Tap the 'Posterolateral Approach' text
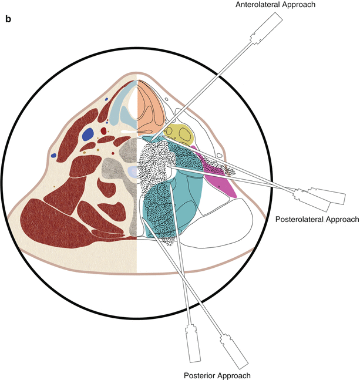[x=317, y=219]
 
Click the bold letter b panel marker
[x=8, y=19]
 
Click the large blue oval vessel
[x=88, y=134]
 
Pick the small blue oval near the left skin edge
[x=53, y=156]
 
